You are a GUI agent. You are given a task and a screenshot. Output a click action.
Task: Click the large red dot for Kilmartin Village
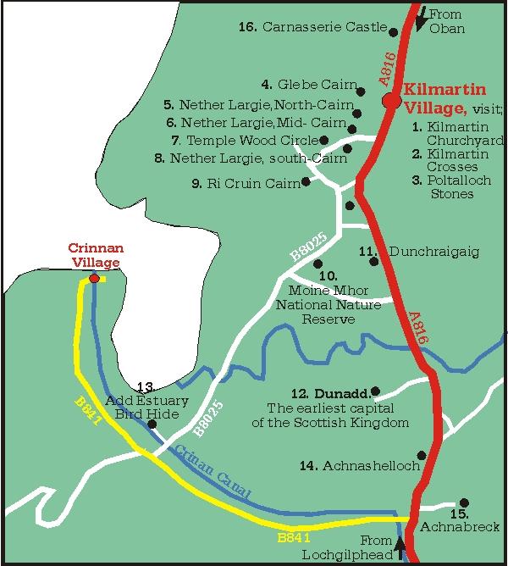390,101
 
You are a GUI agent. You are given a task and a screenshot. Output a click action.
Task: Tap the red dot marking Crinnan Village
94,278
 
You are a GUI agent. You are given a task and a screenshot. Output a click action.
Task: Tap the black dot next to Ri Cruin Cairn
306,181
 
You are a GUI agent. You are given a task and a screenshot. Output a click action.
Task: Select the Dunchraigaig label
421,252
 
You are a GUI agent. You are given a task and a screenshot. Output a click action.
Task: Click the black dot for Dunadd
375,391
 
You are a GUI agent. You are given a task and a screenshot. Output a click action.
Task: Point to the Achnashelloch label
360,466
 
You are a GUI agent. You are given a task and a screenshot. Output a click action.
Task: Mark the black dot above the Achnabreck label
463,502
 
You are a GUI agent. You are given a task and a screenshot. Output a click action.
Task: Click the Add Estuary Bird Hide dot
152,424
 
